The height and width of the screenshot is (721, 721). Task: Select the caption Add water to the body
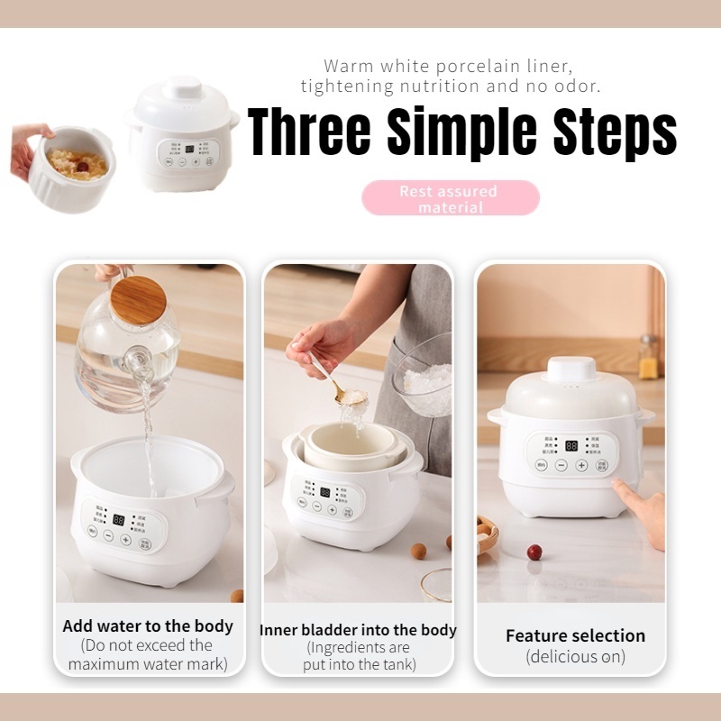coord(148,625)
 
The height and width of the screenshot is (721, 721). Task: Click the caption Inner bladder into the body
coord(358,630)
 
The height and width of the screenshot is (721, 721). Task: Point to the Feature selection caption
coord(575,635)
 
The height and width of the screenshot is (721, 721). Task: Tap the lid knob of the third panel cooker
coord(571,368)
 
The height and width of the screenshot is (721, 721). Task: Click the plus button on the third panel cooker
coord(581,466)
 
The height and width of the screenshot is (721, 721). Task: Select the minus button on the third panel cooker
coord(561,466)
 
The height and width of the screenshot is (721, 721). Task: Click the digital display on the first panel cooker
coord(119,520)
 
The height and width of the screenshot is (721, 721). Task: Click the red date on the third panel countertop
coord(534,551)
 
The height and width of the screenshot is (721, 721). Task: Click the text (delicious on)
coord(575,657)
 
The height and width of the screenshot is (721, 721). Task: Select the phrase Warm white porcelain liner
coord(448,67)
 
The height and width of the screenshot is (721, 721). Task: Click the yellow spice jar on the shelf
coord(647,359)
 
